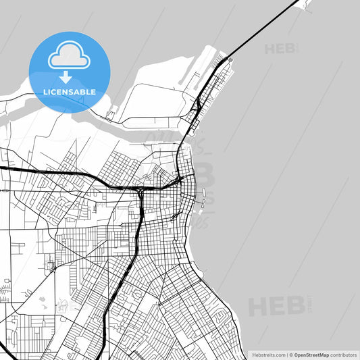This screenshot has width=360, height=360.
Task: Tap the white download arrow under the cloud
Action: click(x=65, y=76)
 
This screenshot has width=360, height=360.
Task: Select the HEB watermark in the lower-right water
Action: click(x=276, y=306)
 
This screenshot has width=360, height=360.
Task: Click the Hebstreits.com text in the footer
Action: click(x=268, y=354)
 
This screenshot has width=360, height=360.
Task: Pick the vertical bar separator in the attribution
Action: click(x=286, y=354)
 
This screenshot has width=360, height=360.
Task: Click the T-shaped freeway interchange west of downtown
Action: click(x=140, y=192)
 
